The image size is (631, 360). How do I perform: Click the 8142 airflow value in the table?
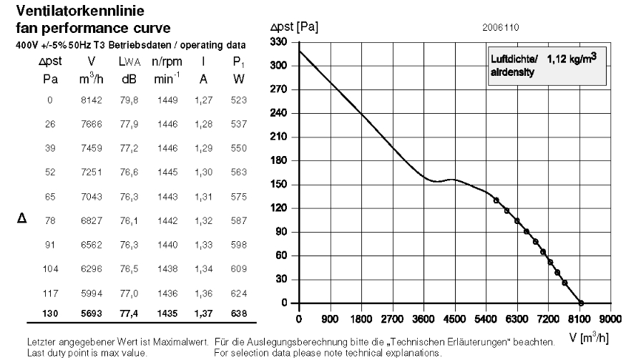(x=92, y=100)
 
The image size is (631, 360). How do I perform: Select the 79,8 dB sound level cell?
(x=129, y=100)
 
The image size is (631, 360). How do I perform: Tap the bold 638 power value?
(x=239, y=313)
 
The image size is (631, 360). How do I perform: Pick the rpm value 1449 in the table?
(x=167, y=100)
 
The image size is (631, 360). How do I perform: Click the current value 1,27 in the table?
(x=204, y=100)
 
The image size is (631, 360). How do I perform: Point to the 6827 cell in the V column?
(x=92, y=220)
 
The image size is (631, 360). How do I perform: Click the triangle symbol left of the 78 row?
(x=22, y=218)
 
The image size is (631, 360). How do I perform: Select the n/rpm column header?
(x=167, y=62)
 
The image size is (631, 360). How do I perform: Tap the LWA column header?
(x=129, y=62)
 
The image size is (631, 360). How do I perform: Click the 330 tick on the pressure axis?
(x=278, y=42)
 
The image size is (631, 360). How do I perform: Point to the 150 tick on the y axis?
(x=278, y=184)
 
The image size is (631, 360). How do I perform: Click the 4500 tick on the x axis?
(x=454, y=319)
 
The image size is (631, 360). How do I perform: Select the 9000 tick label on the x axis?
(x=610, y=319)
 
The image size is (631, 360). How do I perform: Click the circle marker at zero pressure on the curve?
(x=581, y=303)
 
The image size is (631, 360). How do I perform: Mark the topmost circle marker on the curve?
(x=497, y=200)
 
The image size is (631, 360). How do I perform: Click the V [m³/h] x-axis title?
(x=589, y=337)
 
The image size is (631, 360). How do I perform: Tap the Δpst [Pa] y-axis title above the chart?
(x=294, y=27)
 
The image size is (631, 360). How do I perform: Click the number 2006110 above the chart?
(x=501, y=28)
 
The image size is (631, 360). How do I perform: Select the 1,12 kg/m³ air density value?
(x=572, y=59)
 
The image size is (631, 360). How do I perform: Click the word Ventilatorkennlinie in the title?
(x=80, y=11)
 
